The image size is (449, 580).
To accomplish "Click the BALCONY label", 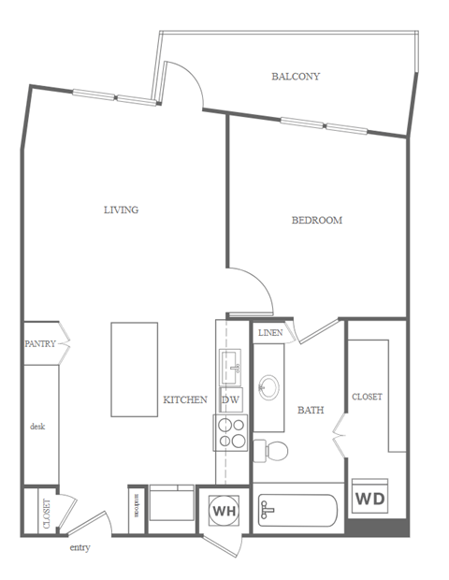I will point(296,76).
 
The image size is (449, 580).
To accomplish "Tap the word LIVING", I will point(121,210).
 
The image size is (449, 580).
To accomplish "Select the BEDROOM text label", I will point(316,221).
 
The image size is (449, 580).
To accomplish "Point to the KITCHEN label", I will point(185,399).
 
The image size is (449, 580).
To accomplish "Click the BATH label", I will point(310,410).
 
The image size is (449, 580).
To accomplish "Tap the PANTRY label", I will point(40,344).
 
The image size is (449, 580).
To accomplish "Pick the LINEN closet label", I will point(270,333).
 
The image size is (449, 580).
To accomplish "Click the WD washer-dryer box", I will point(369,497).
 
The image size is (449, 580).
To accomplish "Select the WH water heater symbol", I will point(224,511).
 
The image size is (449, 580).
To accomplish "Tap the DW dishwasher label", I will point(231,399).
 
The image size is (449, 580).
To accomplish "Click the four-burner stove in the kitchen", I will point(231,433).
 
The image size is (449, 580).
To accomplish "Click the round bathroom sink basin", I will point(269,385).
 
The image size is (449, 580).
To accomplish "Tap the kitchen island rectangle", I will point(134,369).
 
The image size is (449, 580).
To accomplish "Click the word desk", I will point(37,426).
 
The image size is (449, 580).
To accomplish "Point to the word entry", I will point(80,547).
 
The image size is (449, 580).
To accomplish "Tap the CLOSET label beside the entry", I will point(47,513).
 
